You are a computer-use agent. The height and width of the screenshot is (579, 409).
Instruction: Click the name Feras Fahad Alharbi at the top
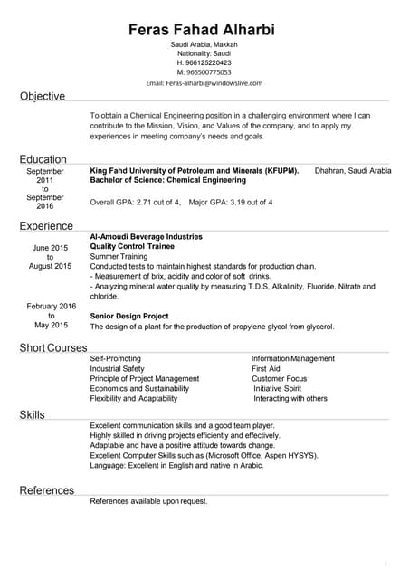click(x=204, y=31)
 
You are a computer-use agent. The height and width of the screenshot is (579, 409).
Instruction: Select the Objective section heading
click(x=43, y=96)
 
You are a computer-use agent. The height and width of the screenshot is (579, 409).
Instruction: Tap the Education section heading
click(x=43, y=158)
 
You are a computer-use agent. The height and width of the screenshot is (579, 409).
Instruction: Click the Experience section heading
click(x=47, y=225)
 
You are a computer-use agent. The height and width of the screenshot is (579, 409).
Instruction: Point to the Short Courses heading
click(x=53, y=347)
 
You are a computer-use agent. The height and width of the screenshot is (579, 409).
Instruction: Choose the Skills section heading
click(x=33, y=414)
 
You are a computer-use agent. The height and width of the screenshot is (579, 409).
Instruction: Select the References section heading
click(x=47, y=490)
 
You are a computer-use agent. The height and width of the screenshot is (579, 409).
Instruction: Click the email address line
click(x=204, y=82)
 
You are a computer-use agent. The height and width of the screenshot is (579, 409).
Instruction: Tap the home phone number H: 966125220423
click(x=204, y=62)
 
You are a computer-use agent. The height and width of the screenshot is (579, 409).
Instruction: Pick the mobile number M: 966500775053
click(x=204, y=72)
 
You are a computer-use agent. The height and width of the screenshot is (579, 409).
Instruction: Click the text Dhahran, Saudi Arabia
click(x=352, y=170)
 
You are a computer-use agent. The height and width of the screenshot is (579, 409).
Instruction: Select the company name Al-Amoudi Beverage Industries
click(x=147, y=236)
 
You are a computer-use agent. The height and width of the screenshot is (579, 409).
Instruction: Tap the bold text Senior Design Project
click(x=129, y=316)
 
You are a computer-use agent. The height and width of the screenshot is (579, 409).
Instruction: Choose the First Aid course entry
click(x=265, y=369)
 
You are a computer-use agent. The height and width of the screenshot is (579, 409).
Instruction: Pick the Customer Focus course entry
click(x=279, y=379)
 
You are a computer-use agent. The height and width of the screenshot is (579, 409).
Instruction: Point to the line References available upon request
click(x=149, y=500)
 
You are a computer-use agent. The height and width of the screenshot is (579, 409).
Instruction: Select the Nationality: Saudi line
click(x=204, y=53)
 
